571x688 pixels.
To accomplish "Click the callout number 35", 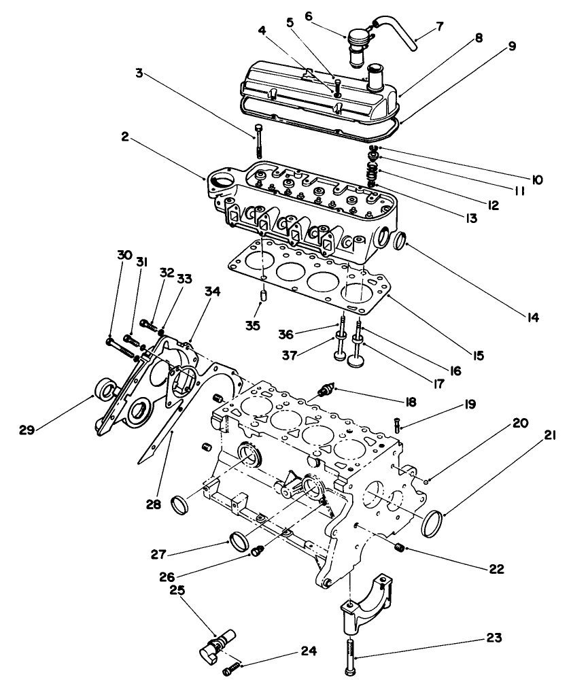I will coord(253,326).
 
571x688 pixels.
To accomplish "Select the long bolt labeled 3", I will coord(261,142).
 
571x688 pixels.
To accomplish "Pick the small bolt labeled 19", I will coord(397,425).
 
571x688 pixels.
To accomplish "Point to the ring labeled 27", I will coord(237,542).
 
